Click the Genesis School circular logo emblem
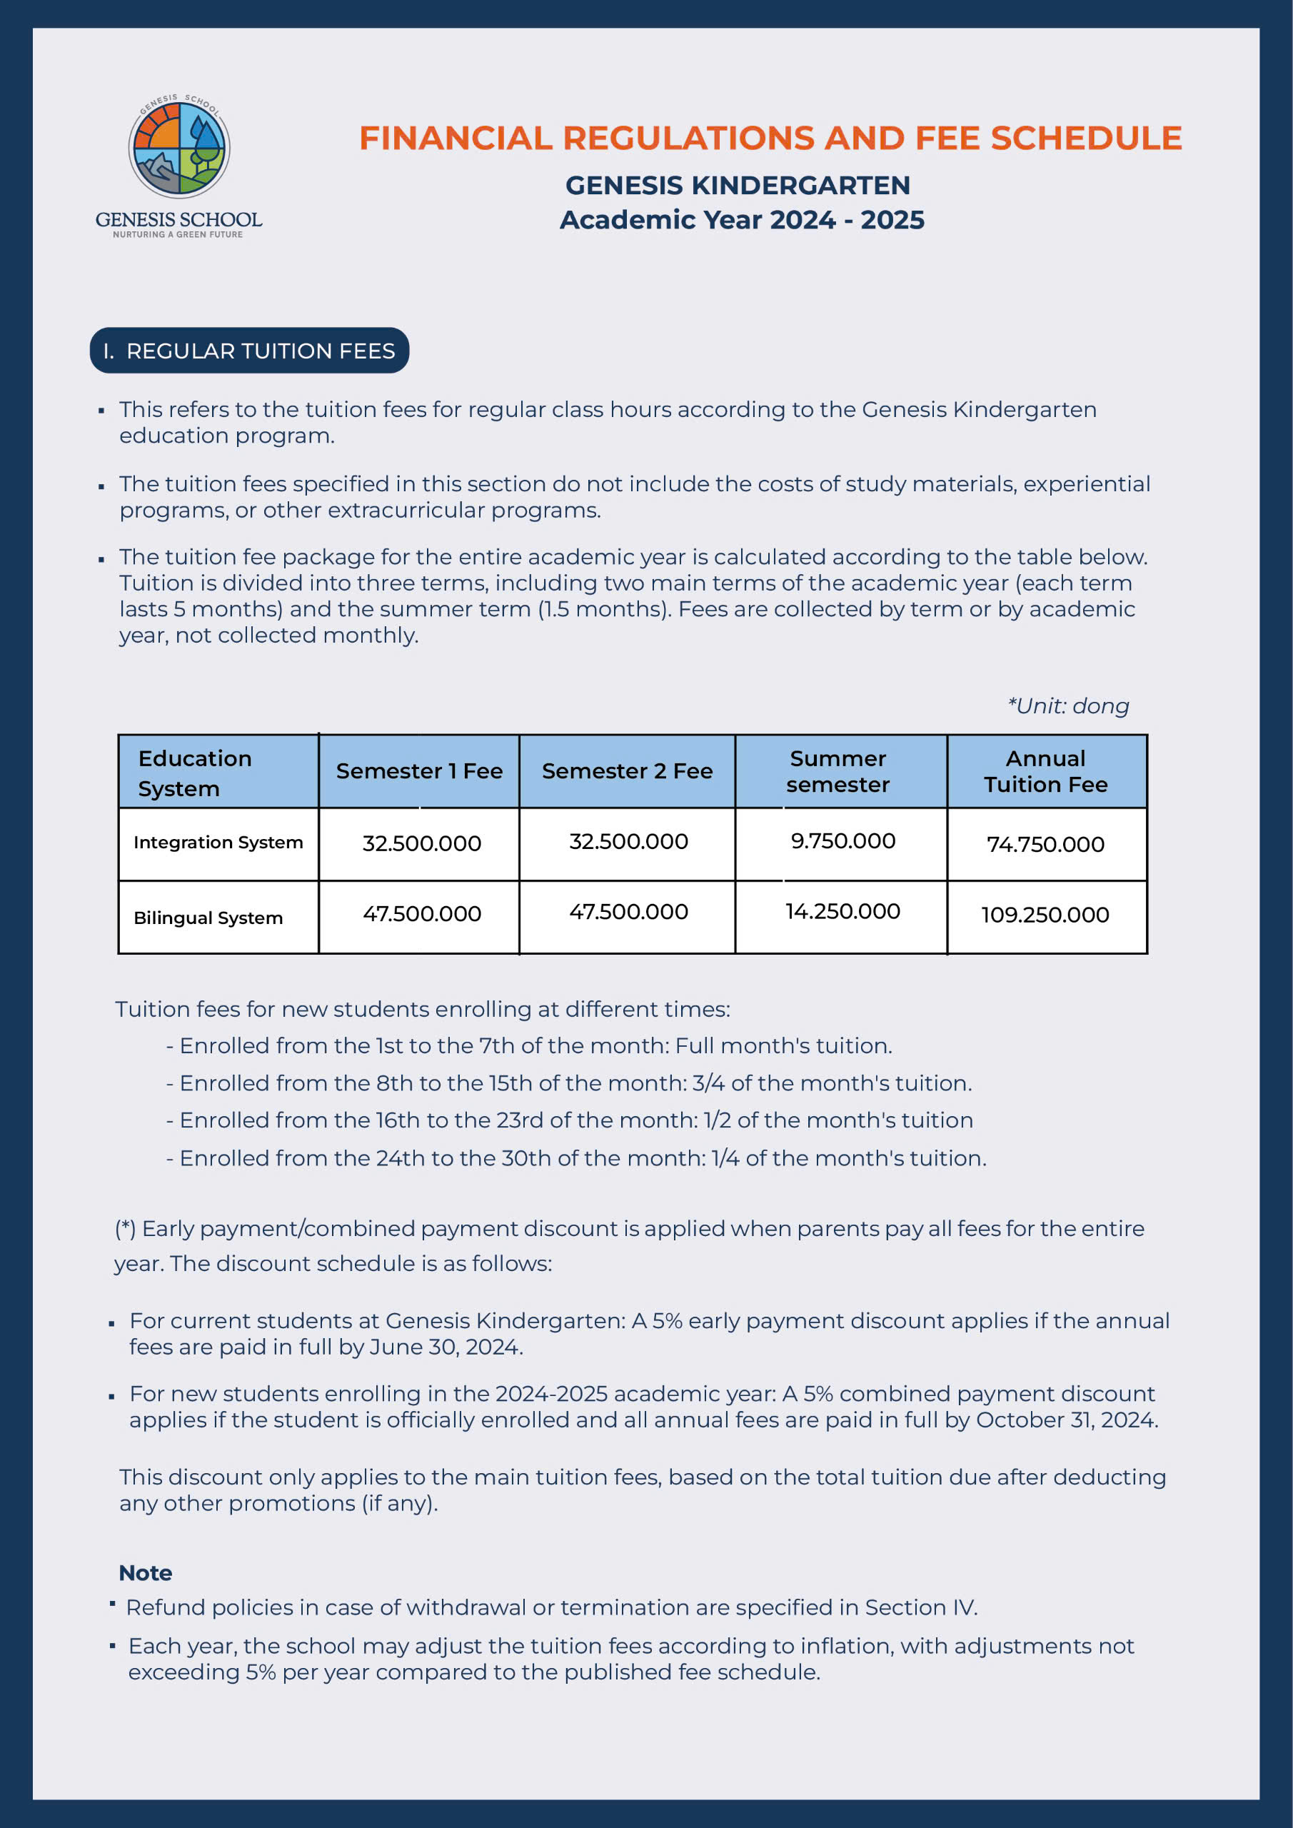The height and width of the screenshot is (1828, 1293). click(179, 148)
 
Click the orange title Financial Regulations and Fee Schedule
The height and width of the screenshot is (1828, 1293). click(770, 138)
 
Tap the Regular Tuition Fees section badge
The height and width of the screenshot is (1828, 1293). click(249, 351)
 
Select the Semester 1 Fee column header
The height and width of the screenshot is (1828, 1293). click(419, 770)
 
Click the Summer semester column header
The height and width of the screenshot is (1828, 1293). click(837, 770)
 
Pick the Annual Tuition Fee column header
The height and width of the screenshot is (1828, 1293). click(1045, 770)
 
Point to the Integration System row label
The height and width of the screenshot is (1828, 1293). click(218, 843)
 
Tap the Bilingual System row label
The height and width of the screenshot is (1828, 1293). click(208, 917)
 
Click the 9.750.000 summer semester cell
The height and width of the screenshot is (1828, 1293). click(842, 840)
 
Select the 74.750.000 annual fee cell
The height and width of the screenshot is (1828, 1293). click(1045, 844)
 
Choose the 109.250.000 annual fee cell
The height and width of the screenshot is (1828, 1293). click(1045, 914)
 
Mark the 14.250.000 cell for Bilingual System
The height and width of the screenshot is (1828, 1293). click(842, 911)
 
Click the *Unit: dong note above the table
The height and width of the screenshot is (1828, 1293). click(1067, 705)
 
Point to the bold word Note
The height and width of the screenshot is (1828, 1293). click(145, 1572)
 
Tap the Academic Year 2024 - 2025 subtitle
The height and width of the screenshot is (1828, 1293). click(741, 220)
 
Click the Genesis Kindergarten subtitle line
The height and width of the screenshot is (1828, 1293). click(738, 185)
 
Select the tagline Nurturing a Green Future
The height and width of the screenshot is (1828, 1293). click(178, 235)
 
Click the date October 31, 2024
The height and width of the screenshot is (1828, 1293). click(1067, 1420)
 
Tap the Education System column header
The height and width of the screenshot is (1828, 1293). click(195, 773)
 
